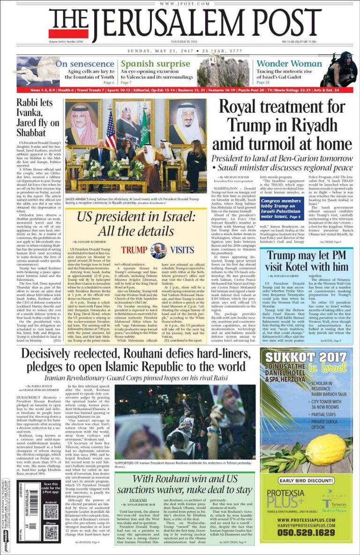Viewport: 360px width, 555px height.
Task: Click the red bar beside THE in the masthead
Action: [x=68, y=33]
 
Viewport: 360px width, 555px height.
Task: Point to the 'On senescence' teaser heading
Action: [x=85, y=63]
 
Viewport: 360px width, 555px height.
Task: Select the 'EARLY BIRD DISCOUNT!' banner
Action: [x=307, y=481]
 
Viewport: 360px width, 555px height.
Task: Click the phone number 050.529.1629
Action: [x=307, y=533]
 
